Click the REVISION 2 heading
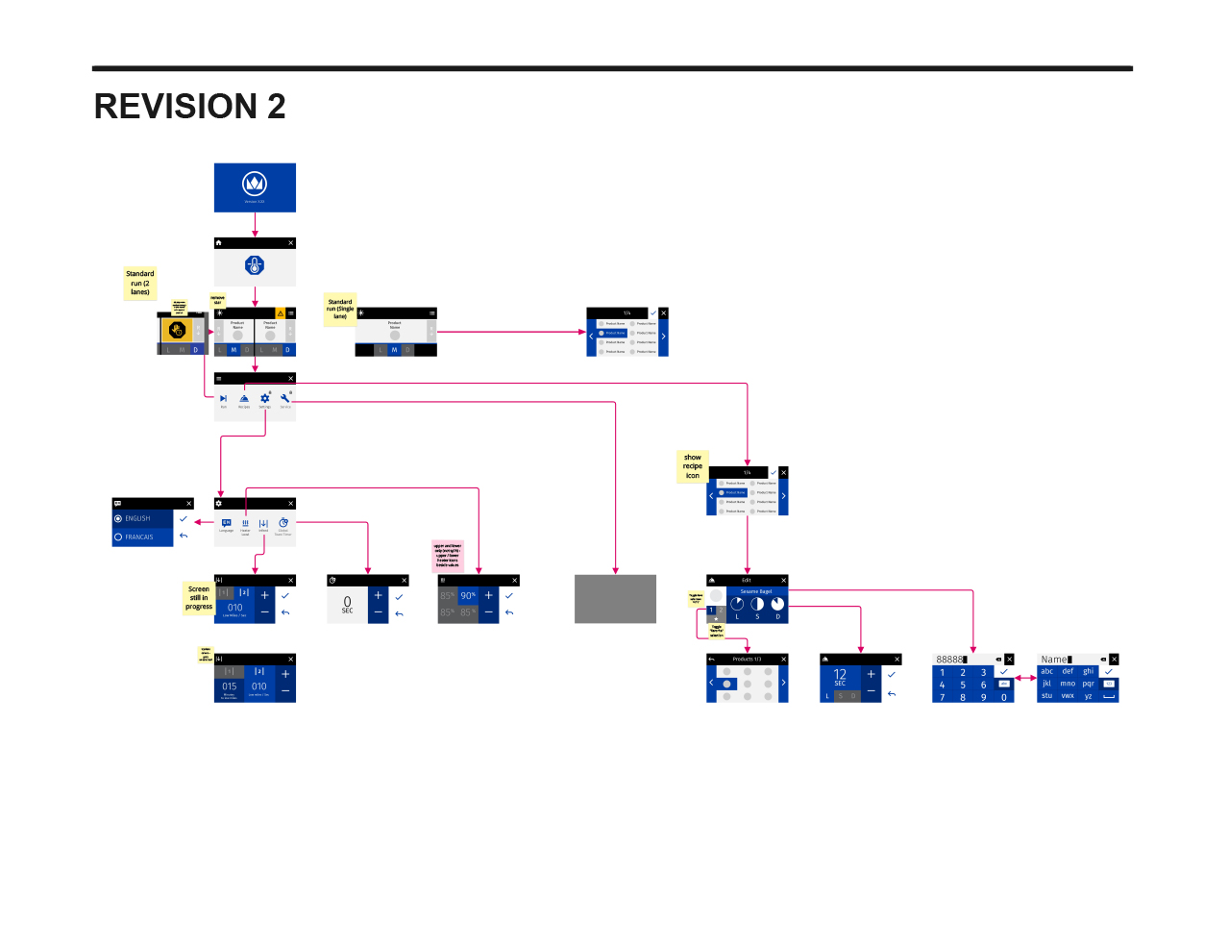click(189, 106)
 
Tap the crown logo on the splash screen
click(255, 183)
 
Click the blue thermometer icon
click(255, 265)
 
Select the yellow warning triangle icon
click(281, 313)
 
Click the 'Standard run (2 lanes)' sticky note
click(140, 283)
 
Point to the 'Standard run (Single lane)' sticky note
click(340, 309)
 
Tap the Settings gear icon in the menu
click(265, 399)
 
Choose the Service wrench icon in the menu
click(285, 399)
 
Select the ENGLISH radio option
click(137, 518)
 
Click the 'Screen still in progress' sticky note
click(199, 597)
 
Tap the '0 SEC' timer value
click(347, 604)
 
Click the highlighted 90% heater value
click(468, 595)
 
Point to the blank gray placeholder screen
click(615, 599)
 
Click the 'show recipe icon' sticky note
click(693, 466)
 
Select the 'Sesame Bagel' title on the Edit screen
click(756, 591)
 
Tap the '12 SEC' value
click(840, 676)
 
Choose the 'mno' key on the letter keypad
click(1068, 684)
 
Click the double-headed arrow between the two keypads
click(1025, 678)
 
